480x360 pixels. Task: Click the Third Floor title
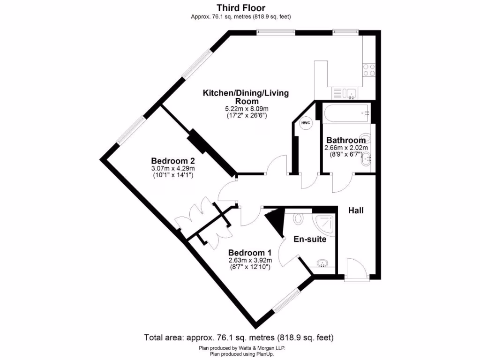click(x=240, y=8)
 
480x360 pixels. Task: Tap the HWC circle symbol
click(x=306, y=123)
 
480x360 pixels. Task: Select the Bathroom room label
click(x=346, y=140)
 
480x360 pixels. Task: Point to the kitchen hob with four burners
click(x=369, y=70)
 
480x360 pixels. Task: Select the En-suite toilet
click(x=299, y=218)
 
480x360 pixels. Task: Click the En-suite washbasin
click(x=322, y=263)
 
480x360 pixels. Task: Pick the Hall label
click(x=356, y=211)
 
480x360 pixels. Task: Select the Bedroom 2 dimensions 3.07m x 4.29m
click(x=173, y=168)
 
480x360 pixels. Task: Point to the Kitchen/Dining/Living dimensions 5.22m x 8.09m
click(x=246, y=108)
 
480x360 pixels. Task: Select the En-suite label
click(x=310, y=239)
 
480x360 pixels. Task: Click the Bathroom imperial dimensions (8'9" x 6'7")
click(x=346, y=154)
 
